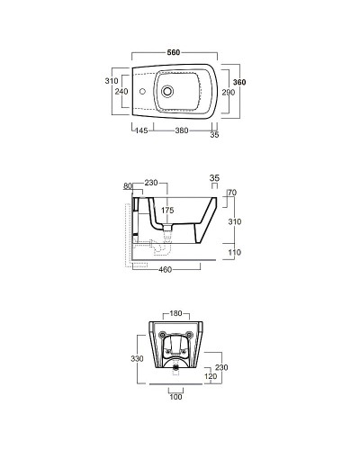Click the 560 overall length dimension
pos(174,52)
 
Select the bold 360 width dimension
pos(239,82)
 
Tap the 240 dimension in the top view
pos(121,91)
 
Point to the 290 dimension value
pos(229,93)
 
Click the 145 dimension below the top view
pos(141,130)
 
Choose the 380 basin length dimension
pos(182,130)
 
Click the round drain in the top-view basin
pos(167,91)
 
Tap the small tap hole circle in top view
pos(143,91)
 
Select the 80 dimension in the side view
pos(128,186)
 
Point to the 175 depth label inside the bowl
pos(167,211)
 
